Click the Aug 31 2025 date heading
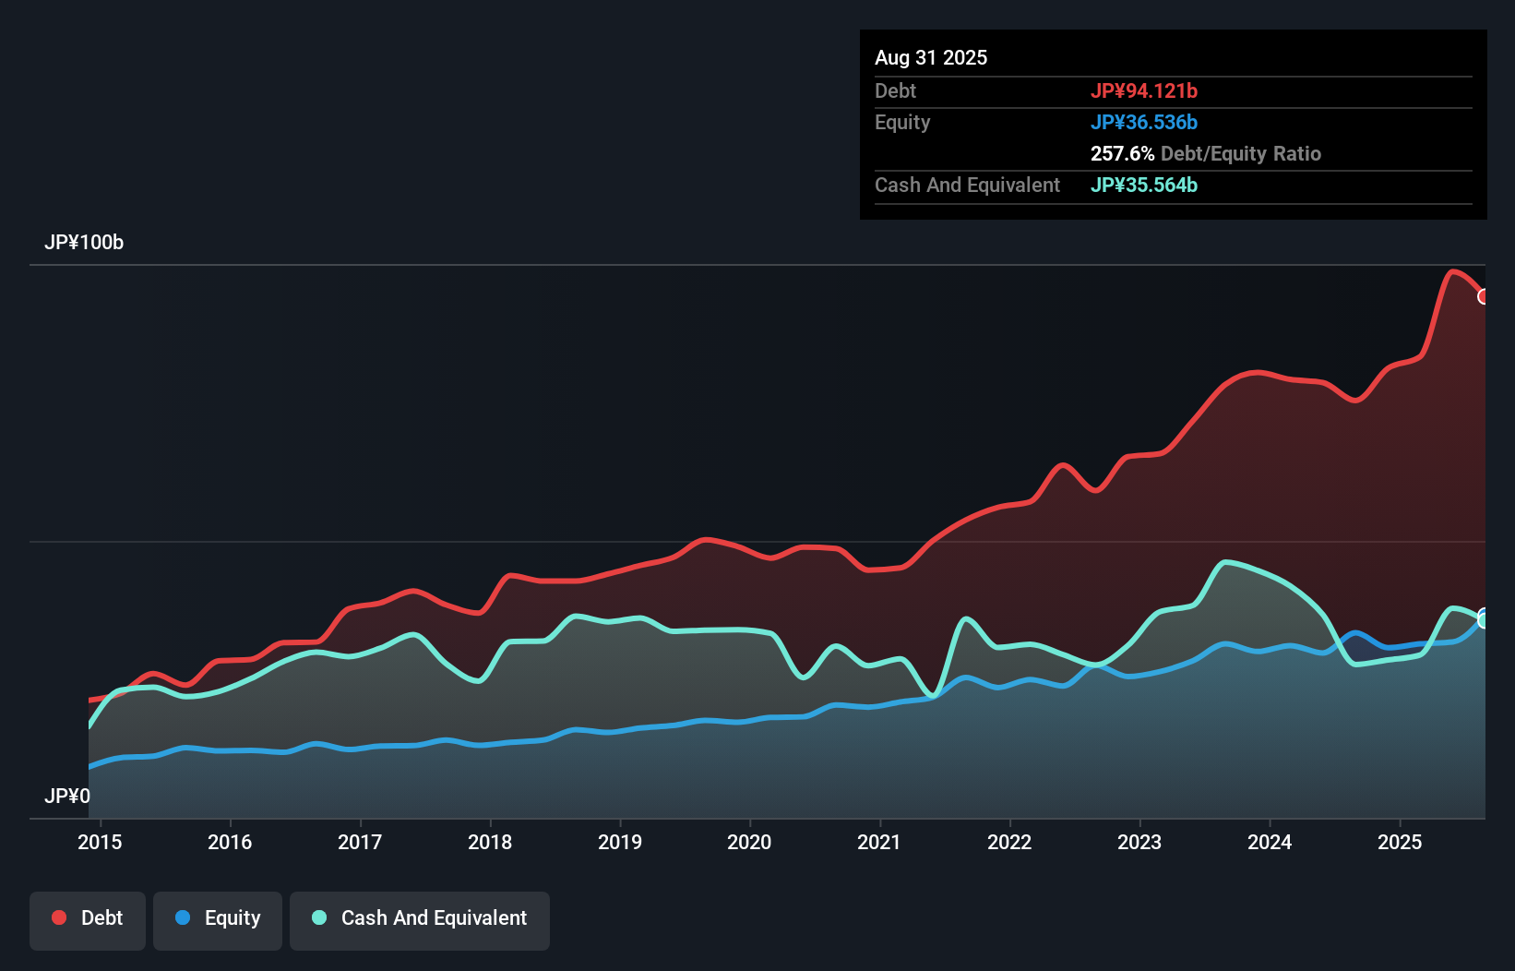pyautogui.click(x=930, y=58)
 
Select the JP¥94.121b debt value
pyautogui.click(x=1143, y=91)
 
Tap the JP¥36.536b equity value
pyautogui.click(x=1143, y=123)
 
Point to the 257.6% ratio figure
pyautogui.click(x=1122, y=154)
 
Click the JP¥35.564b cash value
pyautogui.click(x=1143, y=186)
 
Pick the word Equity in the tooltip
pyautogui.click(x=901, y=123)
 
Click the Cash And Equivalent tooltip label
pyautogui.click(x=967, y=186)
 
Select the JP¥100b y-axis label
pyautogui.click(x=83, y=243)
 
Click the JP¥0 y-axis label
pyautogui.click(x=66, y=796)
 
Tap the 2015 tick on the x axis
pyautogui.click(x=100, y=842)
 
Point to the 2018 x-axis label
pyautogui.click(x=489, y=842)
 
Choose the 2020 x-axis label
pyautogui.click(x=749, y=842)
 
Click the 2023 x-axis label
pyautogui.click(x=1139, y=842)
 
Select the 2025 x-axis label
pyautogui.click(x=1400, y=842)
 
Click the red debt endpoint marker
pyautogui.click(x=1483, y=296)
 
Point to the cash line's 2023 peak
pyautogui.click(x=1226, y=561)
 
